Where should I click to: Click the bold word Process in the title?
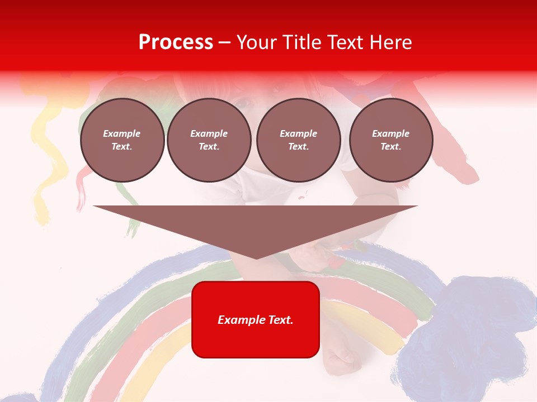point(176,42)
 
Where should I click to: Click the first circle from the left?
point(122,140)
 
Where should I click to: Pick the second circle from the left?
point(209,140)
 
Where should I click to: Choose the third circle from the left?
point(299,140)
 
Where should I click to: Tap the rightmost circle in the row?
point(391,140)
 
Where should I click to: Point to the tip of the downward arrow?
point(256,257)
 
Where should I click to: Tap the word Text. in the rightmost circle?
point(391,147)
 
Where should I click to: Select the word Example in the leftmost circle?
point(122,133)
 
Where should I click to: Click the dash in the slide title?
point(225,42)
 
